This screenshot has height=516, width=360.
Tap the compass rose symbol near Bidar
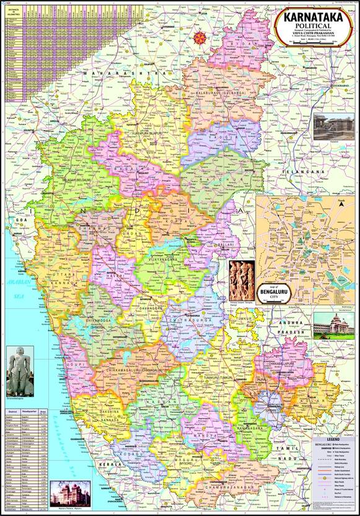coord(200,37)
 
